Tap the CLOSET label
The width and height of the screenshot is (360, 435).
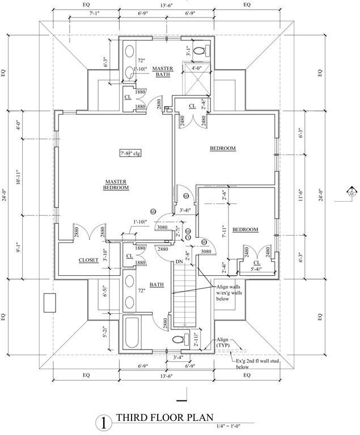tap(88, 260)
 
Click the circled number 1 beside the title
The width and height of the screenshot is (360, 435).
tap(103, 422)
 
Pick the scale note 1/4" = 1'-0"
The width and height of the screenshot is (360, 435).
tap(234, 426)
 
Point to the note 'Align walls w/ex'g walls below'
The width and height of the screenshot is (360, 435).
tap(228, 293)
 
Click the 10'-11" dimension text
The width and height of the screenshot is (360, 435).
tap(18, 177)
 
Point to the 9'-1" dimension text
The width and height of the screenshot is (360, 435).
tap(18, 248)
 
